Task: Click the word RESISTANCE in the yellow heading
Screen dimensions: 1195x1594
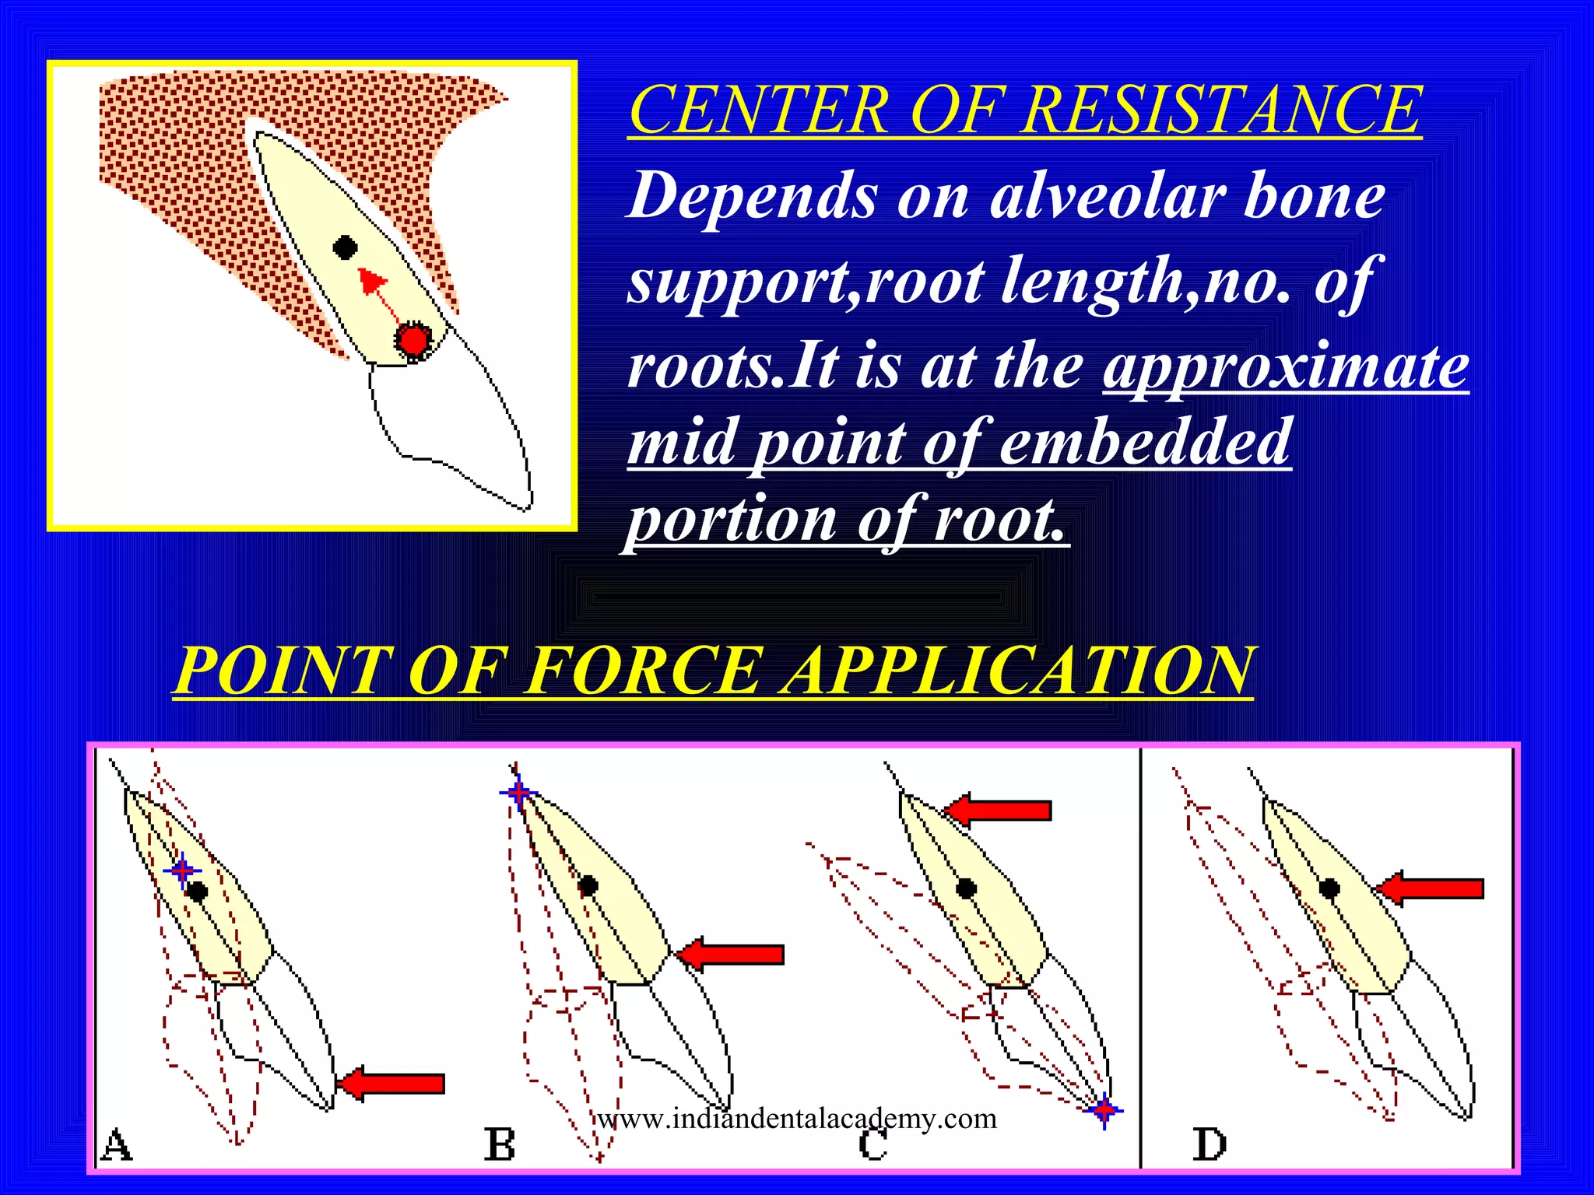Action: pyautogui.click(x=1222, y=110)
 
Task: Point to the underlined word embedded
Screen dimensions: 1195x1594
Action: pyautogui.click(x=1145, y=442)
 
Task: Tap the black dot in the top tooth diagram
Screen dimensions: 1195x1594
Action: pyautogui.click(x=345, y=248)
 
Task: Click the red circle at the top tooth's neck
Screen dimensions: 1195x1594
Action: pyautogui.click(x=412, y=340)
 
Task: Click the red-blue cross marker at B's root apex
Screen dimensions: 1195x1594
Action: pyautogui.click(x=518, y=793)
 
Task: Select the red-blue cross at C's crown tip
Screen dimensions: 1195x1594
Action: pyautogui.click(x=1104, y=1110)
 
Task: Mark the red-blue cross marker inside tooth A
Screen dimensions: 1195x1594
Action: pyautogui.click(x=182, y=871)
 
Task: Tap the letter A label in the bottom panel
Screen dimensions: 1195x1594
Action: pyautogui.click(x=117, y=1144)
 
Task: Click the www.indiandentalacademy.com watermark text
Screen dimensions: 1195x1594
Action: pyautogui.click(x=797, y=1119)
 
